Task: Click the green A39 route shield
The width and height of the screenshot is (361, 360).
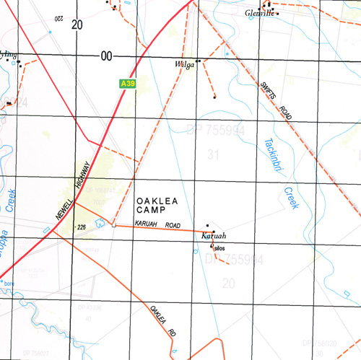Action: point(129,84)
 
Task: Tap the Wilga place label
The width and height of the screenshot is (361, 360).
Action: point(185,66)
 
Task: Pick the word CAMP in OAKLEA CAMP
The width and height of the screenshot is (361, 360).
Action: point(155,209)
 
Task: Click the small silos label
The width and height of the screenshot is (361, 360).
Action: point(220,247)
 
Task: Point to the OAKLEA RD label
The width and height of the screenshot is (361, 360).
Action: point(163,322)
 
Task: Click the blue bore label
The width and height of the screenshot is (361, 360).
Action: point(9,284)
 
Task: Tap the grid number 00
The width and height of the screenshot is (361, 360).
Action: point(108,56)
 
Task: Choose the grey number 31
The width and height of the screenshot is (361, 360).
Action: point(212,154)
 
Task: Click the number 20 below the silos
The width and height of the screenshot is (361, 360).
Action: point(229,284)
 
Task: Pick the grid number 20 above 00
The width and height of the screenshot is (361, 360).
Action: point(77,25)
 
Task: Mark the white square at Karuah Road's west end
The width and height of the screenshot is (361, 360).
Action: point(113,226)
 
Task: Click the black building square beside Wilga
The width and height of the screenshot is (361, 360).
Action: point(197,61)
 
